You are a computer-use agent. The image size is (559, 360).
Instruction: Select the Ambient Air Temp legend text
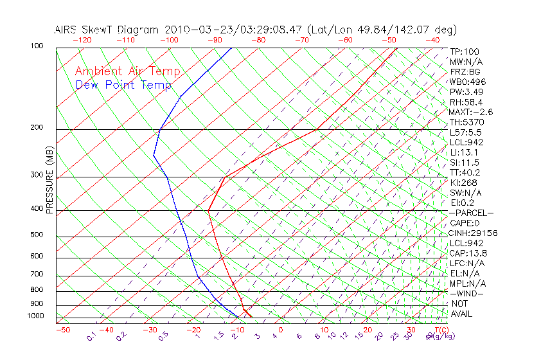(x=127, y=72)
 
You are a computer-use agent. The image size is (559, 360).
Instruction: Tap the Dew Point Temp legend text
(x=123, y=85)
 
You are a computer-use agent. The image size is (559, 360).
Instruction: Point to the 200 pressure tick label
(x=37, y=128)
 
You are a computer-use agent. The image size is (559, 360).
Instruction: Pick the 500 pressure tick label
(x=37, y=235)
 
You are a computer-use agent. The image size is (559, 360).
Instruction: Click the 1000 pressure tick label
(x=35, y=316)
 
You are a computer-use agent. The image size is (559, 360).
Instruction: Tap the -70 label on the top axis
(x=301, y=40)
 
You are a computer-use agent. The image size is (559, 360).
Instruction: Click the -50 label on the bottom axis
(x=62, y=330)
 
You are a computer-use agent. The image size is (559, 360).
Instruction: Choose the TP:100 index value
(x=464, y=52)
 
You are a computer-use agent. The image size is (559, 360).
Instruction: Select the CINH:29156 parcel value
(x=474, y=233)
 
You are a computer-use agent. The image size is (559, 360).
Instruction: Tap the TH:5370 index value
(x=466, y=122)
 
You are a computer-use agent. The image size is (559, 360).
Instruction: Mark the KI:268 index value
(x=463, y=183)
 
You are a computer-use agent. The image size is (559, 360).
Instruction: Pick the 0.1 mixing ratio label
(x=91, y=336)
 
